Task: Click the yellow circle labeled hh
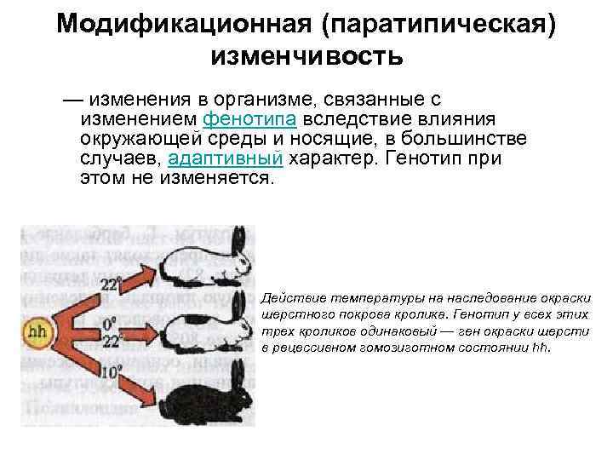click(x=37, y=331)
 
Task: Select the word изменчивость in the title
click(x=306, y=56)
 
